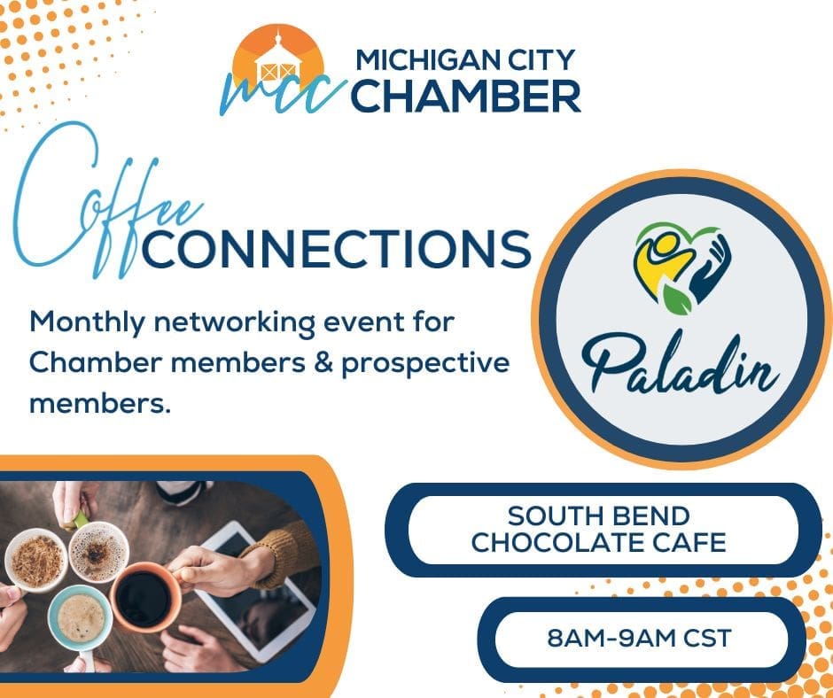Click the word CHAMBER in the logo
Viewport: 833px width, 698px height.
(466, 97)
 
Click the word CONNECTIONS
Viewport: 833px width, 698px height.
(336, 248)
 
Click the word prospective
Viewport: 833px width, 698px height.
(425, 365)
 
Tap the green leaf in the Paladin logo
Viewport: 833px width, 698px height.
(676, 298)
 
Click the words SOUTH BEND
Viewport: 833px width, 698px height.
(599, 516)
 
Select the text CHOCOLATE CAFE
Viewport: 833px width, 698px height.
(599, 542)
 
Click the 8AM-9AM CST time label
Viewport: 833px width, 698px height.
(640, 638)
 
